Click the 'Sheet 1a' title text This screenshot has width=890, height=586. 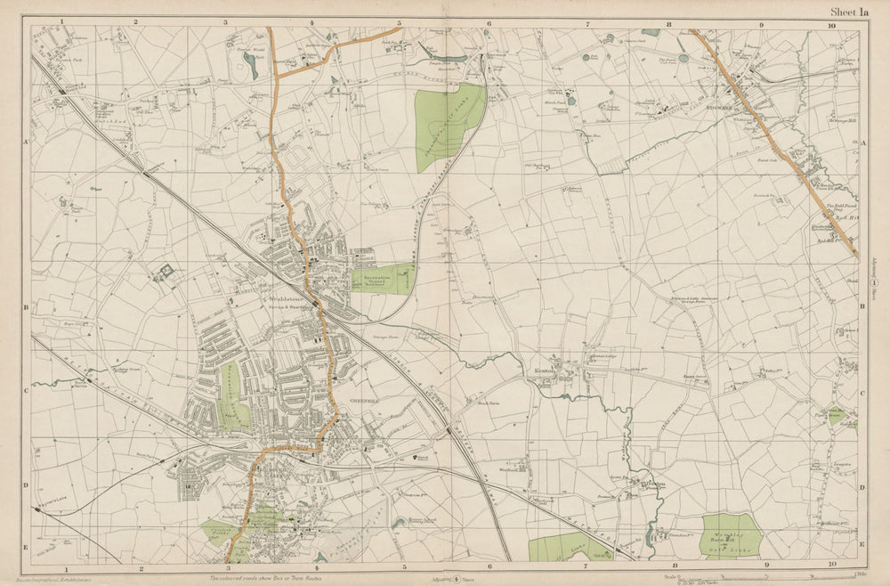click(x=848, y=12)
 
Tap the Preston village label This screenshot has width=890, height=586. click(x=652, y=485)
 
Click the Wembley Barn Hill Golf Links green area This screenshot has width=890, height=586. click(x=731, y=535)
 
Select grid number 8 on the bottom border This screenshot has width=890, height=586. click(x=676, y=565)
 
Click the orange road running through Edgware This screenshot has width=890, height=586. click(x=765, y=134)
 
